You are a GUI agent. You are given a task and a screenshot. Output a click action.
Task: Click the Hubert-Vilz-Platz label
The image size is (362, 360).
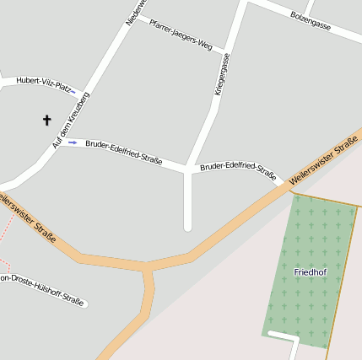41,82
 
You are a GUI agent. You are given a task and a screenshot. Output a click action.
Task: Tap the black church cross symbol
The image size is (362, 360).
47,121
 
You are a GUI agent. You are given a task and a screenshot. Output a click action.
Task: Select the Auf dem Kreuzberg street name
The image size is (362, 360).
70,120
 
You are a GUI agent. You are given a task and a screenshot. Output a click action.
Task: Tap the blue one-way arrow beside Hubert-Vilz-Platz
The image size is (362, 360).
73,91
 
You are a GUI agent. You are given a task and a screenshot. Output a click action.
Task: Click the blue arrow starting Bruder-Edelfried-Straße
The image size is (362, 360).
73,142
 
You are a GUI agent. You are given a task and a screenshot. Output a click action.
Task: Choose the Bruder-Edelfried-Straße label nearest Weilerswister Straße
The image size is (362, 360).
238,171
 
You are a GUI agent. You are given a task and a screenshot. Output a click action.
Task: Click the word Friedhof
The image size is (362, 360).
310,272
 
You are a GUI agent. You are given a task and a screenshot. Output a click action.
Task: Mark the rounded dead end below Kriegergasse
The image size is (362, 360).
188,225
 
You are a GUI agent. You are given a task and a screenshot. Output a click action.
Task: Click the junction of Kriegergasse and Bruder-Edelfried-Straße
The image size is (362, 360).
187,169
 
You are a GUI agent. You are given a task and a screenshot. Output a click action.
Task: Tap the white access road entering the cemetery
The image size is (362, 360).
287,339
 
